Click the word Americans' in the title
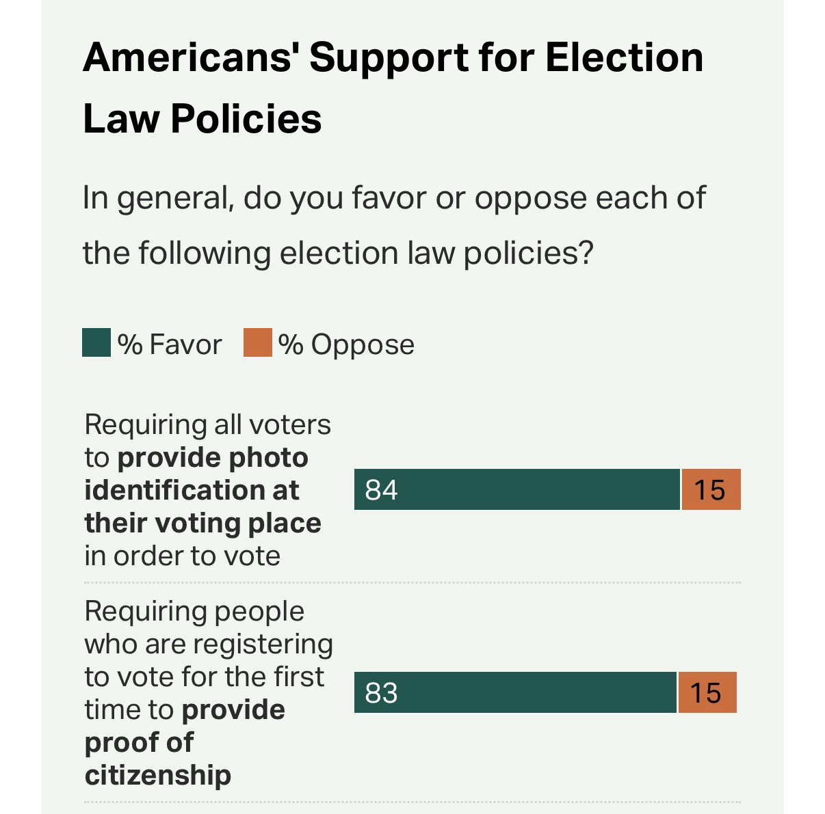pyautogui.click(x=189, y=57)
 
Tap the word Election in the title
pyautogui.click(x=623, y=57)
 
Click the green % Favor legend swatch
pyautogui.click(x=96, y=343)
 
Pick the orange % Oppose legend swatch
pyautogui.click(x=257, y=343)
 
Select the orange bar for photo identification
pyautogui.click(x=711, y=489)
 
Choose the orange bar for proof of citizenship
pyautogui.click(x=707, y=693)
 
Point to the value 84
pyautogui.click(x=381, y=490)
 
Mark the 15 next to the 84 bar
pyautogui.click(x=709, y=490)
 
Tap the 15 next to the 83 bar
pyautogui.click(x=705, y=694)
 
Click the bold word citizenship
pyautogui.click(x=158, y=775)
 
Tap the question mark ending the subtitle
pyautogui.click(x=584, y=253)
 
